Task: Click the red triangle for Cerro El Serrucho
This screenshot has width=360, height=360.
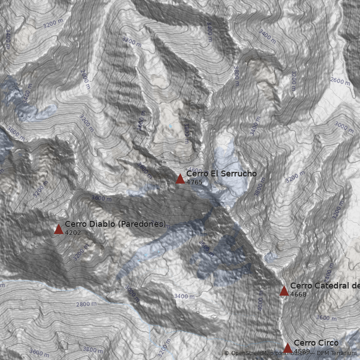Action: point(180,179)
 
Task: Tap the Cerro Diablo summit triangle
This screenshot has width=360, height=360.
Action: point(58,229)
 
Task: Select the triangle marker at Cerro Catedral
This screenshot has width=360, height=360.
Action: point(284,291)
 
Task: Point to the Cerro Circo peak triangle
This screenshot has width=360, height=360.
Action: point(288,348)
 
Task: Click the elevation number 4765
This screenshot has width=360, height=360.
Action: point(194,182)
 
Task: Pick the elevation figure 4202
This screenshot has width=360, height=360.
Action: point(72,233)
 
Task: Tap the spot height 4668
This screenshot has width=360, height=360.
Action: point(298,294)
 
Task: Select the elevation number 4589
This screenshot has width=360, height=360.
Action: point(301,351)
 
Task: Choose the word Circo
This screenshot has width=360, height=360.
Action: point(328,343)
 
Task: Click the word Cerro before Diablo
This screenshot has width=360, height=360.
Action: point(74,224)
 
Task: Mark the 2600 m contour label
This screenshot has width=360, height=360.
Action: point(340,81)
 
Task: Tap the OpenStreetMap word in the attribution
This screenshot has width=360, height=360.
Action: point(251,353)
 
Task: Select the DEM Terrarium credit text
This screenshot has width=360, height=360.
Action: point(337,353)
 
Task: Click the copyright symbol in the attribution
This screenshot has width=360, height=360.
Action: point(227,353)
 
